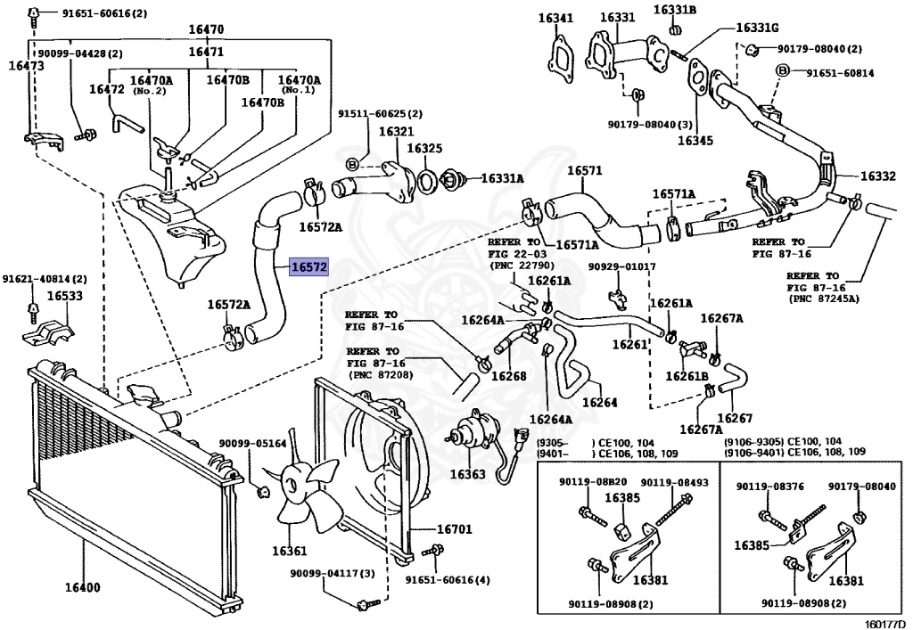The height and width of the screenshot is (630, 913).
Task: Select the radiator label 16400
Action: pyautogui.click(x=81, y=588)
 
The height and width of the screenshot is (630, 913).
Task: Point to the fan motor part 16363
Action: pyautogui.click(x=467, y=474)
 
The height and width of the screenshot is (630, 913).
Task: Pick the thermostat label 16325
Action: pyautogui.click(x=425, y=148)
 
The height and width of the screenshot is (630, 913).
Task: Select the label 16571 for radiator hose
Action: pyautogui.click(x=585, y=171)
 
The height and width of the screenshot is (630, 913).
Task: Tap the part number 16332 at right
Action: pyautogui.click(x=878, y=176)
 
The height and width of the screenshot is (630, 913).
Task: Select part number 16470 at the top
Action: pyautogui.click(x=205, y=29)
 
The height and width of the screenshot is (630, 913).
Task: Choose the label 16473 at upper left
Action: pyautogui.click(x=27, y=65)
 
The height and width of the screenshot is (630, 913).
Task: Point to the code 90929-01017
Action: pyautogui.click(x=621, y=266)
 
